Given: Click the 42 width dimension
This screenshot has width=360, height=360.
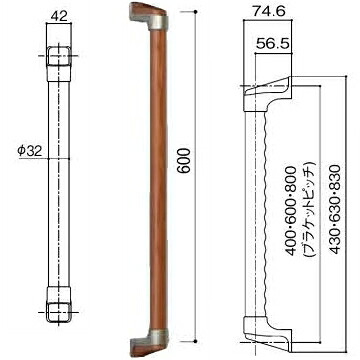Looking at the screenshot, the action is tap(59, 16).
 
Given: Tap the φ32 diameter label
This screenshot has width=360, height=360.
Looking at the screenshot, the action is tap(30, 151).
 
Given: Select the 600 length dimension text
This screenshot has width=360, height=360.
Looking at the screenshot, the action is tap(184, 160).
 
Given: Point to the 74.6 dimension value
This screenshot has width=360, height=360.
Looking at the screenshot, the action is tap(268, 11).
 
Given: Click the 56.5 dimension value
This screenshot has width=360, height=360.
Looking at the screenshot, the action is tap(273, 43).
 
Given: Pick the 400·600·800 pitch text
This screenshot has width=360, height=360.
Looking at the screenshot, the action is tap(291, 211).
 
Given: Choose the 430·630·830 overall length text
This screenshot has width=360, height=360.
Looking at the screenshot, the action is tap(335, 209).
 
